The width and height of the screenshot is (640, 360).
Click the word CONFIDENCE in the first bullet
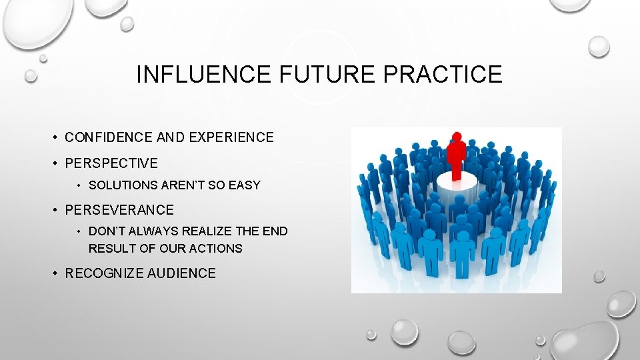[108, 137]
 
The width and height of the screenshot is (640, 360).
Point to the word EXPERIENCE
[231, 137]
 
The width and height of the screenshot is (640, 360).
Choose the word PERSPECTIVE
[111, 163]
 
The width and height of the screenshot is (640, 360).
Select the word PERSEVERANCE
[119, 210]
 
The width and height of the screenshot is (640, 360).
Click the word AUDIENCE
[183, 273]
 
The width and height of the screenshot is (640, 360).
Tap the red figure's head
[457, 138]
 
